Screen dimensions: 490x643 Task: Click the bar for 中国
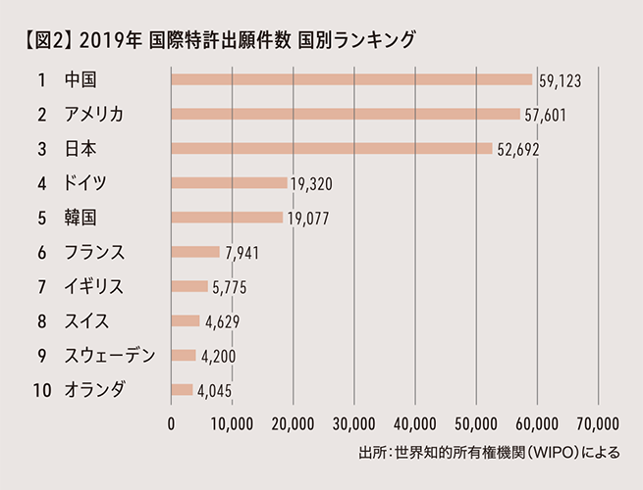351,79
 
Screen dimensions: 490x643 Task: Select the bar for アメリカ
346,114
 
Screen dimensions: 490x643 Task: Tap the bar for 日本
332,148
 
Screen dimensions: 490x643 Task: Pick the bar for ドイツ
229,182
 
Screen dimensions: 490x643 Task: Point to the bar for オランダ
182,389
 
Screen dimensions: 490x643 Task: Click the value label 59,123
560,81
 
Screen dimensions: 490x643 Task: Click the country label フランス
95,252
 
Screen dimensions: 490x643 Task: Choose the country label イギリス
95,286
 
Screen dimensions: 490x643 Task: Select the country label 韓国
79,217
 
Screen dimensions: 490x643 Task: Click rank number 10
42,389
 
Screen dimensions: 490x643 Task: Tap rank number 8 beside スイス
42,320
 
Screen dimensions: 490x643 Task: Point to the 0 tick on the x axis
172,424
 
